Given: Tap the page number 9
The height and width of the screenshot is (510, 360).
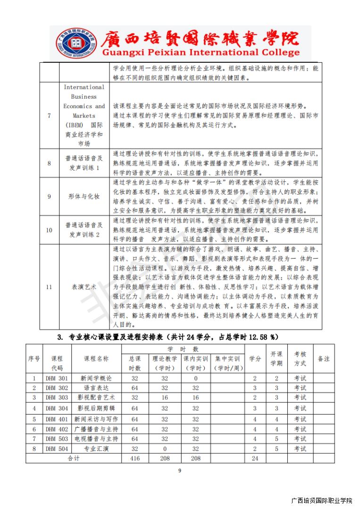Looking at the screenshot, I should tap(179, 470).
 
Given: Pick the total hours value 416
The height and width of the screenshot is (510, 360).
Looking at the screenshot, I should tap(135, 458).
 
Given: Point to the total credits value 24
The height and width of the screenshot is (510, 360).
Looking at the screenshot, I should tap(255, 458).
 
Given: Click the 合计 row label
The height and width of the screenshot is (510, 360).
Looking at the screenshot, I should tap(74, 458).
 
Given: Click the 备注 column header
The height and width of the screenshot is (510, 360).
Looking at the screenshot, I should tap(324, 359).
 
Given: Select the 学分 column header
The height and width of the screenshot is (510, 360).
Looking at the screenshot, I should tap(255, 359).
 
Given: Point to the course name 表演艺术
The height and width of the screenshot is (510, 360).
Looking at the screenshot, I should tap(84, 287).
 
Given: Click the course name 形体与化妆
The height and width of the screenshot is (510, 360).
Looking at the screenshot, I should tap(84, 196).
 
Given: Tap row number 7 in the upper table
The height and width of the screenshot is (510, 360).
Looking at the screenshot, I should tap(49, 116).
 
